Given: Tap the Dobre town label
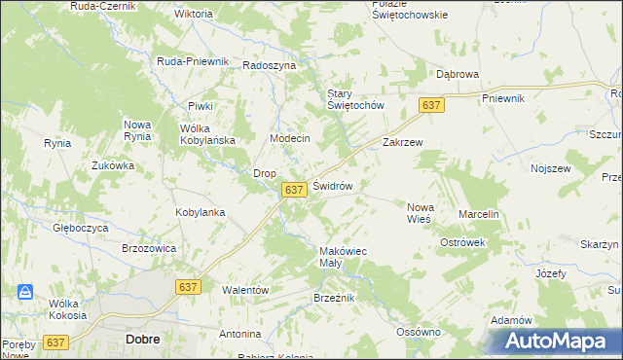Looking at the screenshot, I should (x=142, y=340).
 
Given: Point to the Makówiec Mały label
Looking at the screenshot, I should (x=344, y=257).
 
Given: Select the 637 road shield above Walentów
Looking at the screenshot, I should (x=190, y=286).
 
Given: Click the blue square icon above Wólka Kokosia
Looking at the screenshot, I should (x=25, y=291).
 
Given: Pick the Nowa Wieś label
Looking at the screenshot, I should (x=421, y=212).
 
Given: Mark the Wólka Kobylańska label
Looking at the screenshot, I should (x=208, y=134).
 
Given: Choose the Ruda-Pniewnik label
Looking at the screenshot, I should (x=193, y=61).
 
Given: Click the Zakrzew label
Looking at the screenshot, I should (x=402, y=141).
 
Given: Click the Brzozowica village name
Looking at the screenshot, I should (x=149, y=248).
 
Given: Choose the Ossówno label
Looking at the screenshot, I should (x=420, y=332).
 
